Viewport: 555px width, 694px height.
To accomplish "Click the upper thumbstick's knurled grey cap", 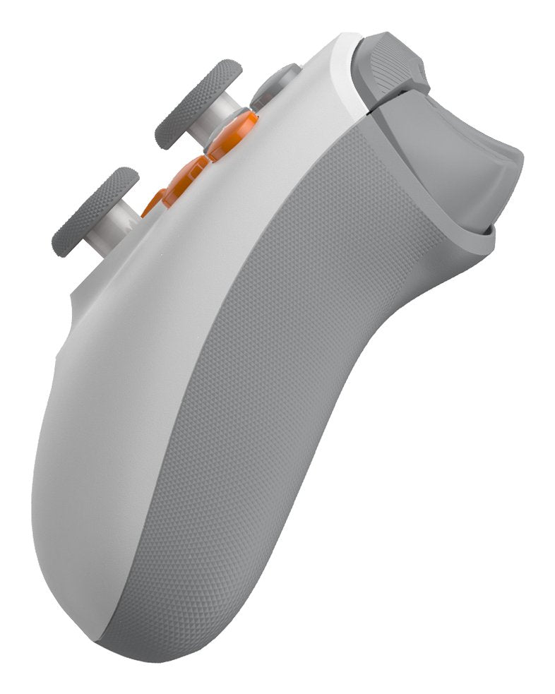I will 198,103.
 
